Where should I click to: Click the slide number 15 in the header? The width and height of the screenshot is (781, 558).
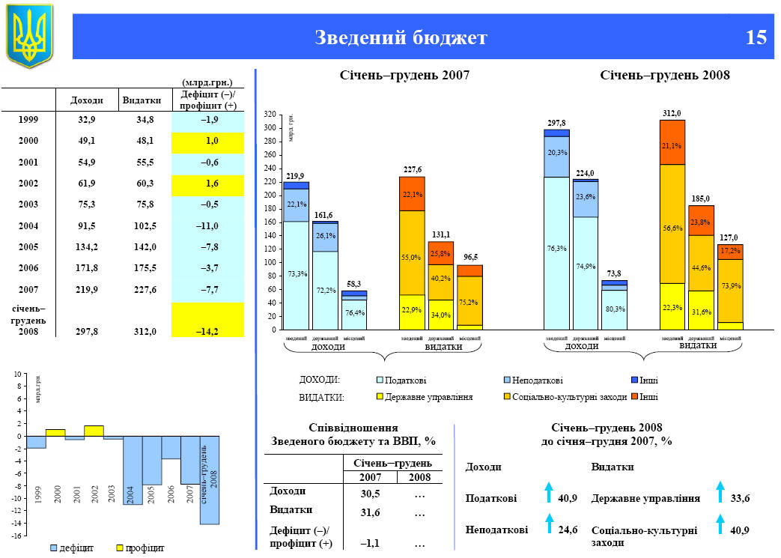pyautogui.click(x=756, y=37)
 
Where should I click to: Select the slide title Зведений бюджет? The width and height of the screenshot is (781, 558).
pyautogui.click(x=401, y=37)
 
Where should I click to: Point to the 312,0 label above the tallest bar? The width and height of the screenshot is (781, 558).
pyautogui.click(x=672, y=113)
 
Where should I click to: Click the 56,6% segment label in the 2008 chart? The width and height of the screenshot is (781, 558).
pyautogui.click(x=672, y=228)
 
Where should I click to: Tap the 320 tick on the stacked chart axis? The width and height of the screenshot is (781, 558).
pyautogui.click(x=270, y=115)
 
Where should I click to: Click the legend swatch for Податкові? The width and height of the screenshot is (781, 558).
pyautogui.click(x=380, y=380)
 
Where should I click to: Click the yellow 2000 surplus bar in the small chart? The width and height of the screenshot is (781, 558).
pyautogui.click(x=55, y=432)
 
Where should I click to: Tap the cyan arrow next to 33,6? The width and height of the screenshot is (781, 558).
pyautogui.click(x=720, y=492)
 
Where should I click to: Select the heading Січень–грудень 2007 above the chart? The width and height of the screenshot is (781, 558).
pyautogui.click(x=405, y=75)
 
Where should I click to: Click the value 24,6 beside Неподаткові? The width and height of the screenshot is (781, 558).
pyautogui.click(x=568, y=530)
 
